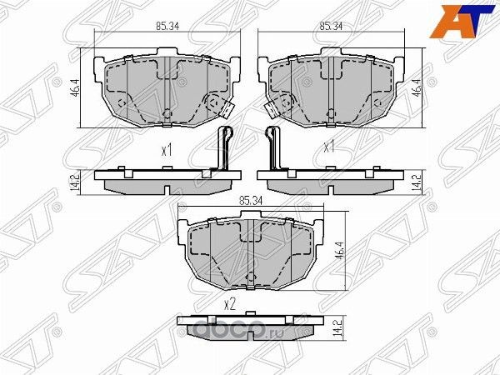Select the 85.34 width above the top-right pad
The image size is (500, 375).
click(x=332, y=27)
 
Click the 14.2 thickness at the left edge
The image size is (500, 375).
click(x=75, y=180)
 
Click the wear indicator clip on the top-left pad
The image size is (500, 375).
click(x=222, y=105)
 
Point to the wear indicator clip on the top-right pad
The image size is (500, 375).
click(x=273, y=106)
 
